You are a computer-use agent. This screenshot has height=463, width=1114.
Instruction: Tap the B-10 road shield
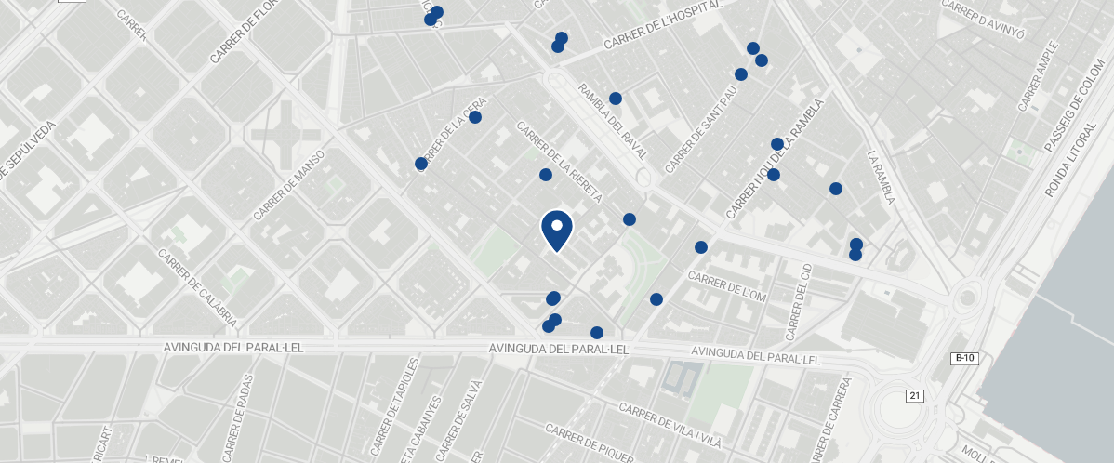pyautogui.click(x=964, y=358)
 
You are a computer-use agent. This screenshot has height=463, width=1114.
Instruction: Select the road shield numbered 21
pyautogui.click(x=915, y=396)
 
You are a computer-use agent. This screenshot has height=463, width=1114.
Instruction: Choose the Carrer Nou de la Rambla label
pyautogui.click(x=775, y=160)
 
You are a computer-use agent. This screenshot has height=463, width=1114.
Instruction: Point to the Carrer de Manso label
pyautogui.click(x=289, y=184)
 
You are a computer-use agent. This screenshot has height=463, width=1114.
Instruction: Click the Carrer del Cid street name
pyautogui.click(x=800, y=301)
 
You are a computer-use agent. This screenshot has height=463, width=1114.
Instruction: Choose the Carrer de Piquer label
pyautogui.click(x=590, y=443)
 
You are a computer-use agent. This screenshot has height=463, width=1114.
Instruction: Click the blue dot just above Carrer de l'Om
pyautogui.click(x=701, y=247)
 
